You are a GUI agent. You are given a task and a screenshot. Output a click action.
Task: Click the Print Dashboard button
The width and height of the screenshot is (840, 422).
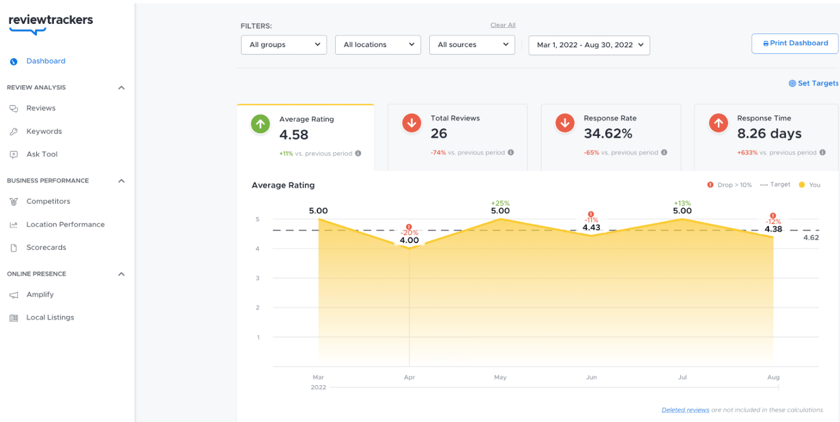pos(794,43)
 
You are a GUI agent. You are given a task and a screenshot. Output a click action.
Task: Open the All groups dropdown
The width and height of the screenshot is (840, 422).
pos(284,44)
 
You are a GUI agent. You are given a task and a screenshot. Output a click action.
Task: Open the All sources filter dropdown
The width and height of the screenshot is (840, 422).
pos(472,44)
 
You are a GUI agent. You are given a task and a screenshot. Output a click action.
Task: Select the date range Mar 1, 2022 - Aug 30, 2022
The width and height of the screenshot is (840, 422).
pos(589,45)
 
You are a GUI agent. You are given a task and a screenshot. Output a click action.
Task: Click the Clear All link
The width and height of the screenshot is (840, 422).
pos(503,25)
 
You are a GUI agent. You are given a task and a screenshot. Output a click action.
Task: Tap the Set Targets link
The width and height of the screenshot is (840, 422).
pos(814,83)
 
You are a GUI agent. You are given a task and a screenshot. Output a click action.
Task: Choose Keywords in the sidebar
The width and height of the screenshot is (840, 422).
pos(44,131)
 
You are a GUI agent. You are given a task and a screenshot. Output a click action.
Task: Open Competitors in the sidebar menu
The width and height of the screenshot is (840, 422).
pos(48,201)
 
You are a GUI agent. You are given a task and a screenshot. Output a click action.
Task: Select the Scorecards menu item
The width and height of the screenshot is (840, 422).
pos(46,247)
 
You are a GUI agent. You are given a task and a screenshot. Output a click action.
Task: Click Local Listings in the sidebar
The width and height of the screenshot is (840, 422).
pos(50,318)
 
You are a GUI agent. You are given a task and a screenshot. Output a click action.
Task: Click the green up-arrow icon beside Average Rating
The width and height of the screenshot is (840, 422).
pos(261,124)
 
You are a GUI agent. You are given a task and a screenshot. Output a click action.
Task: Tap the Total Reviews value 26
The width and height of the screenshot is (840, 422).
pos(439,133)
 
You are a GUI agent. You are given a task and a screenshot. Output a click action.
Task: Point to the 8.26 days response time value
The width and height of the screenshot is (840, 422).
pos(769,134)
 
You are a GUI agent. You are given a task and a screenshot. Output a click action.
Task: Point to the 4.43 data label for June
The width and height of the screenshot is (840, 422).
pos(591,227)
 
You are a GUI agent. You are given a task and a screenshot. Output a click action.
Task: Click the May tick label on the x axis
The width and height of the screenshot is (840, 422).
pos(500,377)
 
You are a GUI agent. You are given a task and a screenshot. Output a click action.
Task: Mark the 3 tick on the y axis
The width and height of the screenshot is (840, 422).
pos(258,278)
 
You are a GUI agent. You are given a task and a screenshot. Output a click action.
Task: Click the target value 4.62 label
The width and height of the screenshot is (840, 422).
pos(811,238)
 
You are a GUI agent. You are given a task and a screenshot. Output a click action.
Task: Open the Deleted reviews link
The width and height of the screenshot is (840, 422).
pos(685,410)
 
